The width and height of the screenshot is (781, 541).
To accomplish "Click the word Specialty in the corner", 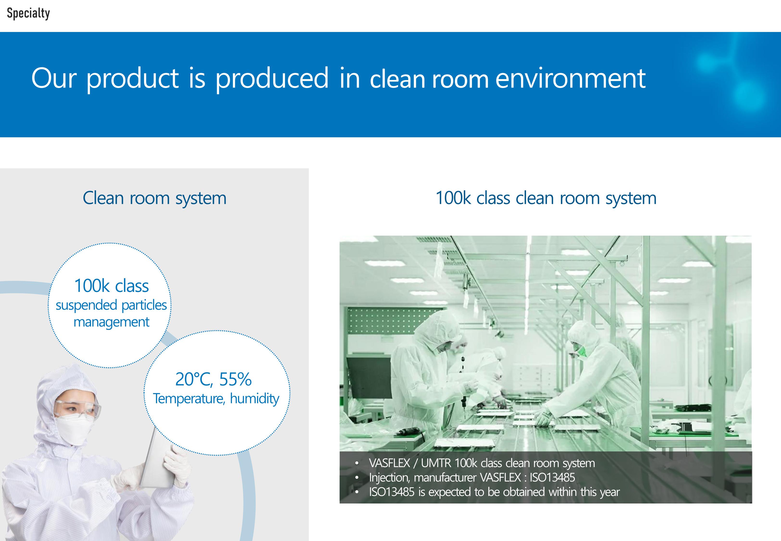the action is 28,13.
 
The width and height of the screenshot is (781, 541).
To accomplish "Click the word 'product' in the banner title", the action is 132,79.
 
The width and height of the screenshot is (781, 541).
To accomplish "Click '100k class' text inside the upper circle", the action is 112,286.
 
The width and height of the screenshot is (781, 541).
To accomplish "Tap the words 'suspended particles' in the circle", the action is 111,305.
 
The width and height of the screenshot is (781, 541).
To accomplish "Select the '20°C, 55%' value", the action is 213,379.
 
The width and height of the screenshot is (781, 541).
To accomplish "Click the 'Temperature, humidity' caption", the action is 216,399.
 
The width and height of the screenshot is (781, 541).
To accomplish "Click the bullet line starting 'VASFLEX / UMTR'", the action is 482,463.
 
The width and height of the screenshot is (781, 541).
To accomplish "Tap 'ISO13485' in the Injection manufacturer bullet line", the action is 552,478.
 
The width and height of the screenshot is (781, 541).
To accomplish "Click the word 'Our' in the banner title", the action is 54,79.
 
